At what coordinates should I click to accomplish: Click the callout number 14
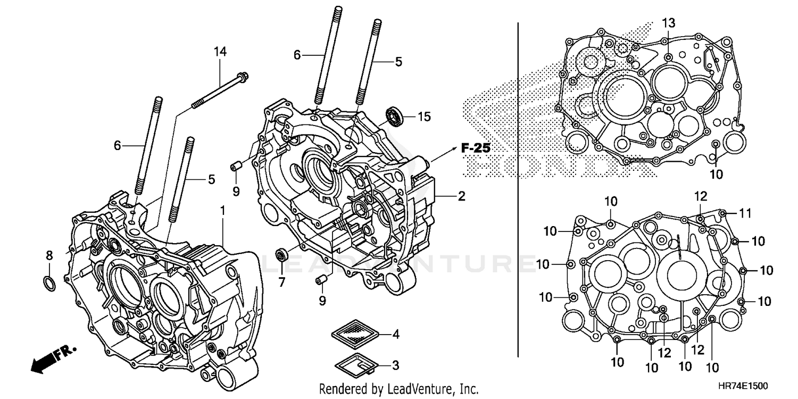point(220,52)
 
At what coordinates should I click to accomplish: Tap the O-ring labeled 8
point(48,284)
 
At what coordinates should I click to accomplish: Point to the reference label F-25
point(475,148)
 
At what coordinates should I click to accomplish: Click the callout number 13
point(669,22)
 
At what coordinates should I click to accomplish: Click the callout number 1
point(223,210)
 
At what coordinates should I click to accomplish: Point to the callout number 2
point(461,196)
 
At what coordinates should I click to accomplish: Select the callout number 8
point(49,255)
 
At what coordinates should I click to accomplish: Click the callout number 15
point(423,117)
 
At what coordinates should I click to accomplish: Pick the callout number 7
point(281,280)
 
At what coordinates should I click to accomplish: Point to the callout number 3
point(395,365)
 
